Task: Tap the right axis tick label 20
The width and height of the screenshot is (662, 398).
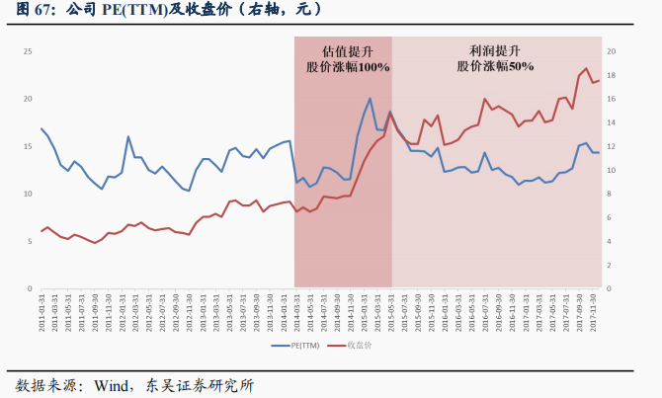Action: click(x=611, y=51)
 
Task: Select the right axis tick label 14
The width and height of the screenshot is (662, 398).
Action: click(x=611, y=122)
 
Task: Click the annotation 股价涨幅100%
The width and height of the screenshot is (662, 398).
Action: click(x=347, y=67)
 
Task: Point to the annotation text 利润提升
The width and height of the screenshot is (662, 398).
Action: click(x=494, y=49)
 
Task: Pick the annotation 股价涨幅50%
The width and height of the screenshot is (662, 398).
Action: click(x=494, y=66)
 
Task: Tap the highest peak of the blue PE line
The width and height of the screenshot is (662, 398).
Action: click(x=370, y=98)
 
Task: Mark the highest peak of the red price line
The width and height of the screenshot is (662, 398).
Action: click(x=586, y=69)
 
